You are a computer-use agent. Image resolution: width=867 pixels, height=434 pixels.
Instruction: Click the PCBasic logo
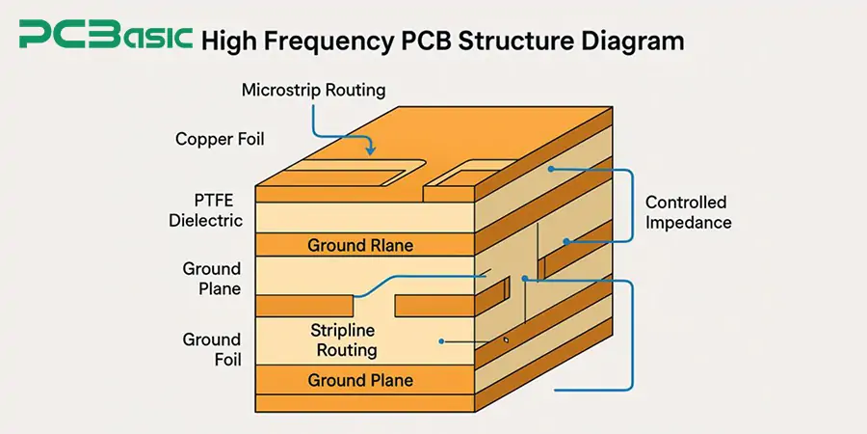coord(105,39)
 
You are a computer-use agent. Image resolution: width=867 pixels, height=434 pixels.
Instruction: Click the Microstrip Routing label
coord(313,91)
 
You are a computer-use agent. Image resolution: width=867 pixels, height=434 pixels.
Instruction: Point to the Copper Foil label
coord(220,140)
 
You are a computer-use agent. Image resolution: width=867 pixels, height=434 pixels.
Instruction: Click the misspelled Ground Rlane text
coord(360,246)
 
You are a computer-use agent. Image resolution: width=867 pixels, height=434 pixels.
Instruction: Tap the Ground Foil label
coord(212,349)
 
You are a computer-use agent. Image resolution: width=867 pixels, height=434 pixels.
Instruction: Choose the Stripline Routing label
coord(343,341)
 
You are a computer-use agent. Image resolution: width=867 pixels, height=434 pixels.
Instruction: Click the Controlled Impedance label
coord(688,212)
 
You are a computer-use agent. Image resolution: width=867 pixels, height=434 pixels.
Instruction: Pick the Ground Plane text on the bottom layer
coord(360,380)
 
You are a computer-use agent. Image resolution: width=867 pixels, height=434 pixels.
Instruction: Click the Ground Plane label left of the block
coord(212,278)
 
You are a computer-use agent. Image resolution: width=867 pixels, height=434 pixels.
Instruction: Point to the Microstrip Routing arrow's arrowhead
coord(372,152)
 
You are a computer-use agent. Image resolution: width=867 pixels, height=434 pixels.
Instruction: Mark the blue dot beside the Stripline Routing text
coord(440,340)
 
